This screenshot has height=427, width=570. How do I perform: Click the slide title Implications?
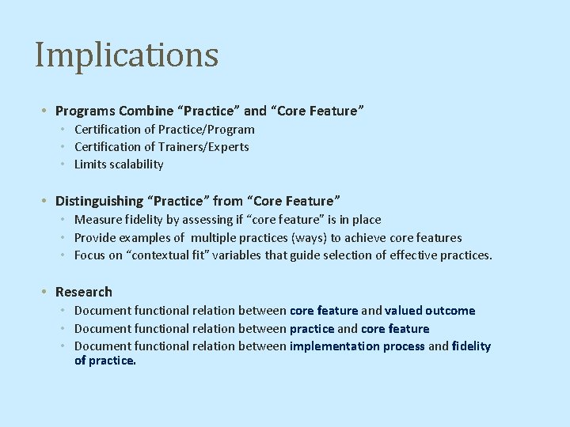[127, 55]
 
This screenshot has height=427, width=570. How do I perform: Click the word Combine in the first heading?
[143, 111]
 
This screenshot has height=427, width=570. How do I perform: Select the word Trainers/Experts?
[204, 147]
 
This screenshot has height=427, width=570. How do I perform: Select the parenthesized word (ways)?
[310, 237]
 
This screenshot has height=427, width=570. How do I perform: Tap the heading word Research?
[84, 292]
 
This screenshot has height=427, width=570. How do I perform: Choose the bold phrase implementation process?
[357, 346]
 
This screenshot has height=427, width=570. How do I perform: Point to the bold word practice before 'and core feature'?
[312, 328]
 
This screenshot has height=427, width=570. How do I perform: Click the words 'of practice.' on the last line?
[105, 361]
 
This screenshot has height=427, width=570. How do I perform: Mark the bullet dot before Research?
[47, 293]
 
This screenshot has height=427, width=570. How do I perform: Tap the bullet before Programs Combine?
[47, 111]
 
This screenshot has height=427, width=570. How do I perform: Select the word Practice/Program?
[207, 129]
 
